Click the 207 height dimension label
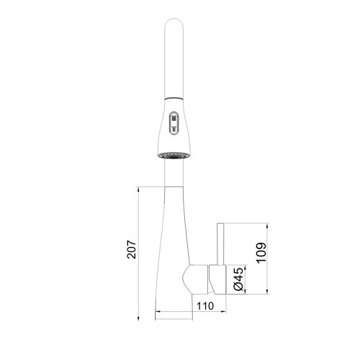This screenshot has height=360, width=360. [x=131, y=249]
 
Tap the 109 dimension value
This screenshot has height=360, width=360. [x=261, y=253]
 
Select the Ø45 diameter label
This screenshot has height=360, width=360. [x=238, y=279]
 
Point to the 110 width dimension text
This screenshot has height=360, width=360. [x=205, y=306]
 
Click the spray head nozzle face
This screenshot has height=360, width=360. [x=174, y=156]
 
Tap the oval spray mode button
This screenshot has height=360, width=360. [x=174, y=123]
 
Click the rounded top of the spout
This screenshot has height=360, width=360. [x=174, y=23]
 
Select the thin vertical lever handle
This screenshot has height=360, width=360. [x=220, y=244]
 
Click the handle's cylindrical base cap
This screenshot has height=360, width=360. [x=217, y=279]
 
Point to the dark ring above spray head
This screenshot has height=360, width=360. [x=174, y=98]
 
